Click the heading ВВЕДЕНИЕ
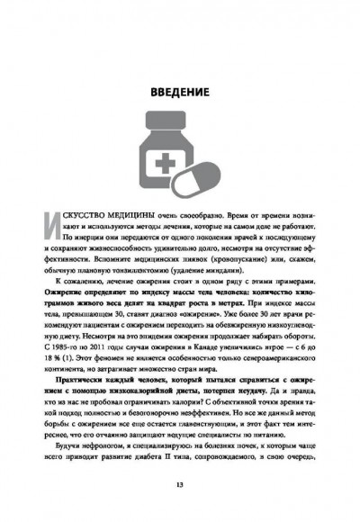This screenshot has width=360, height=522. pos(180,93)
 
